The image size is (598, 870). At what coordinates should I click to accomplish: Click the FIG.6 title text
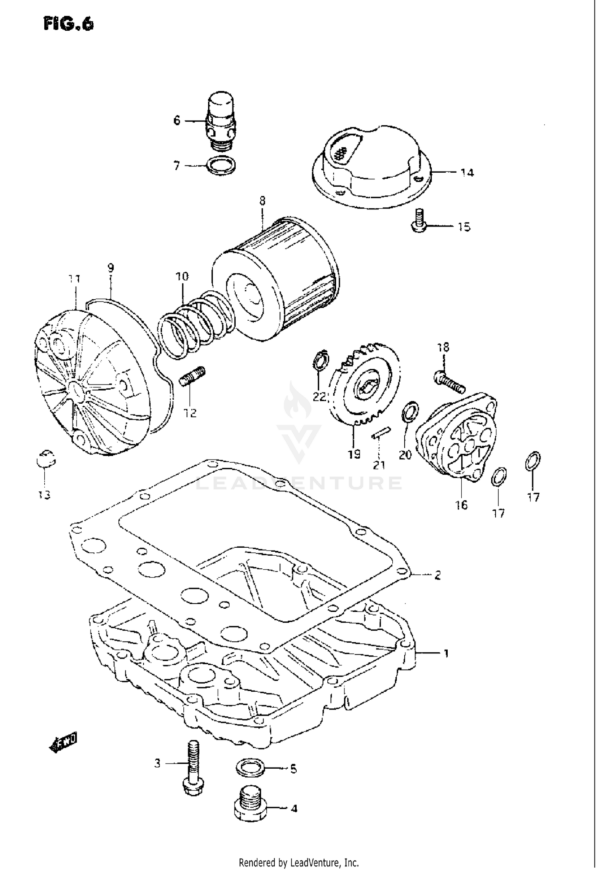click(69, 24)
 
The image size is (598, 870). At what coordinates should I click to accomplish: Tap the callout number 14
click(467, 173)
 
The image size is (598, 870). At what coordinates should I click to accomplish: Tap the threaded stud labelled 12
click(193, 376)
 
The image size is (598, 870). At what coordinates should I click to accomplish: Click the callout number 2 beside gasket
click(437, 575)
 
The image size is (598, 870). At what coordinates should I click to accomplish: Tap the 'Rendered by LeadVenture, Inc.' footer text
click(299, 862)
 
